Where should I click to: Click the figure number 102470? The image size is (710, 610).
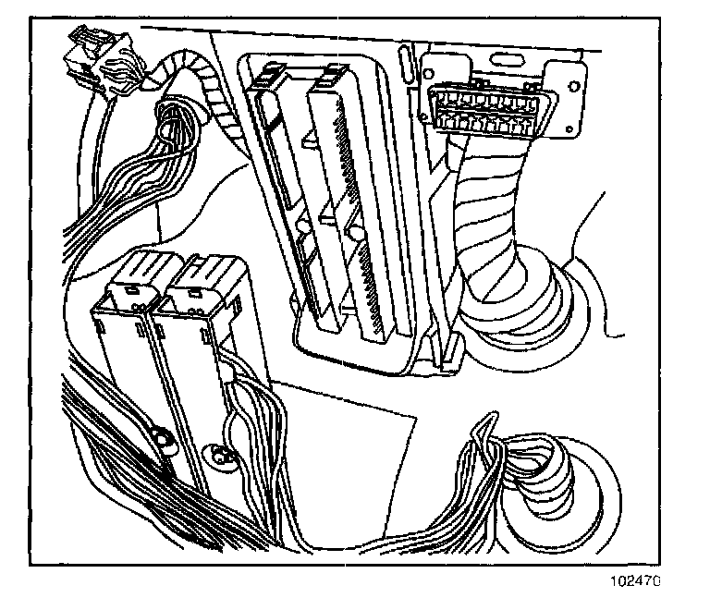pos(637,583)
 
